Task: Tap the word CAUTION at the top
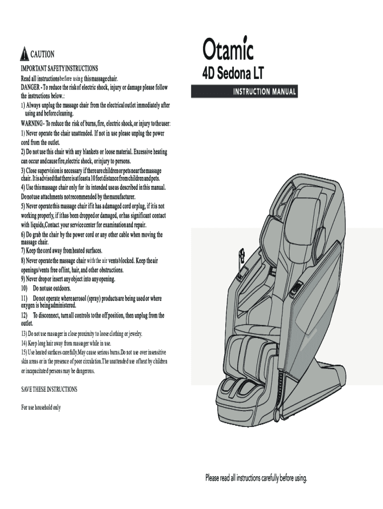tap(43, 54)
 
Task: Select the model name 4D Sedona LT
tap(232, 74)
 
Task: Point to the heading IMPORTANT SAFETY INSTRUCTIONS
tap(59, 68)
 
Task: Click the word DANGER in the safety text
tap(32, 87)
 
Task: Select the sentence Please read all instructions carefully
tap(257, 478)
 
